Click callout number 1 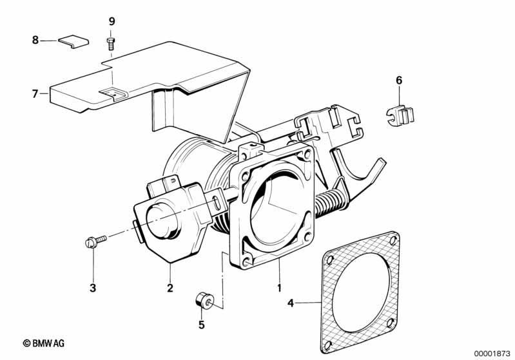coord(279,288)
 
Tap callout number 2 coord(170,288)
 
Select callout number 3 coord(93,288)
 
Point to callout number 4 coord(290,303)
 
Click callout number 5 coord(201,325)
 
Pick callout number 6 coord(399,80)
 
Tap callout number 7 coord(35,94)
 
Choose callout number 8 coord(35,40)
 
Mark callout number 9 coord(112,22)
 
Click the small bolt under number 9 coord(111,44)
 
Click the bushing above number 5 coord(204,300)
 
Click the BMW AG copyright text coord(44,343)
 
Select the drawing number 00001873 coord(492,354)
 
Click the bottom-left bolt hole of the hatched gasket coord(327,345)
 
